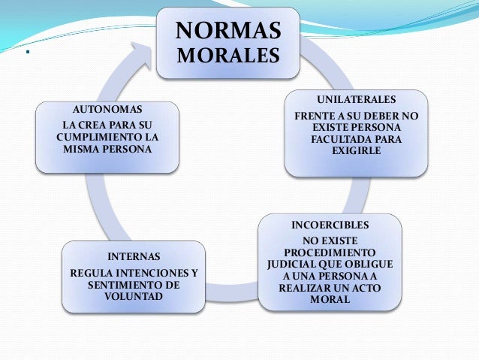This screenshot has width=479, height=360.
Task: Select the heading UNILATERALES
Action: click(x=355, y=99)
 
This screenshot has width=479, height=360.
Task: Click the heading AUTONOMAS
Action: click(x=107, y=109)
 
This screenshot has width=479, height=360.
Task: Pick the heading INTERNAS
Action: click(x=134, y=256)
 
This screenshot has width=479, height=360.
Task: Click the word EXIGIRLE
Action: click(x=356, y=151)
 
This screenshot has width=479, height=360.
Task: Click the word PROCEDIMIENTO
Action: click(x=330, y=254)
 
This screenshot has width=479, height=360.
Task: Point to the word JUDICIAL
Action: click(x=296, y=266)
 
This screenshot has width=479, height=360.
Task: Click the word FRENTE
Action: click(x=316, y=117)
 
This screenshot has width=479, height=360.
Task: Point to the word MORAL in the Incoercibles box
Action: click(x=330, y=301)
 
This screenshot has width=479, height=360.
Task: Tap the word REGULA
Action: click(x=89, y=272)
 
